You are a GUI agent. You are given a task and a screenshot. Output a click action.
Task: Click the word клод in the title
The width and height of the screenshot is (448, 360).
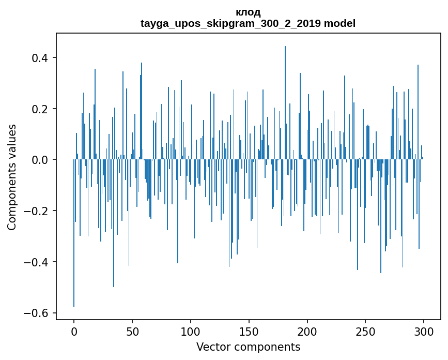(248, 12)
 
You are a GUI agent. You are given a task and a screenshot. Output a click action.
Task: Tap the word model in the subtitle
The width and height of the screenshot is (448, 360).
(339, 23)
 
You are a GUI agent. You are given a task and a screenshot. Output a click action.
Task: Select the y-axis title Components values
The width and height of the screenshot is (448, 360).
(12, 177)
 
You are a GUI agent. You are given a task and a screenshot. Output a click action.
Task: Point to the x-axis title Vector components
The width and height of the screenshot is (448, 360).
(248, 347)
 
